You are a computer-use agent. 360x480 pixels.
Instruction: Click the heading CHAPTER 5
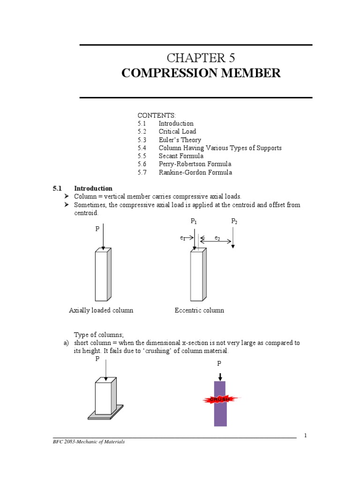point(201,58)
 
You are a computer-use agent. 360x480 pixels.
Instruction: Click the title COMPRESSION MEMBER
point(201,74)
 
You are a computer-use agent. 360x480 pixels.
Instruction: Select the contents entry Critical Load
point(177,132)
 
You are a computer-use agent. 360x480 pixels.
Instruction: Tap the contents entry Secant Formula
point(181,156)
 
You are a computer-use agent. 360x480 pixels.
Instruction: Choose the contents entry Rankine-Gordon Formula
point(195,172)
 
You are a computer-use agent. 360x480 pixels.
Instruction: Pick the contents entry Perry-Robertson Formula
point(195,164)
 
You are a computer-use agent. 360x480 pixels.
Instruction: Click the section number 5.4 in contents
point(142,148)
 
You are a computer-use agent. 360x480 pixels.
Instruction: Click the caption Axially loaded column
point(101,310)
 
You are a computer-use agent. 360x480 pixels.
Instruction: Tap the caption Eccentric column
point(199,310)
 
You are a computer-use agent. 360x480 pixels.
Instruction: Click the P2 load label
point(234,221)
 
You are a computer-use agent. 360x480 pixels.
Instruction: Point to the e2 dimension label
point(217,238)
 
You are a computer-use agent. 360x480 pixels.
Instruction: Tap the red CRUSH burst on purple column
point(220,399)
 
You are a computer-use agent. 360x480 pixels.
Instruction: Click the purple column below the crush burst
point(220,416)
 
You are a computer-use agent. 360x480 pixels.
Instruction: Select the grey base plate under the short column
point(106,415)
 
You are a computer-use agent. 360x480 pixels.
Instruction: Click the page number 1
point(305,435)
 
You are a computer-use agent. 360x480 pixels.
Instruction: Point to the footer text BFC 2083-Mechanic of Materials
point(89,442)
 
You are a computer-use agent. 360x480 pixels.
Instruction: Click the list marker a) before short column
point(66,343)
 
